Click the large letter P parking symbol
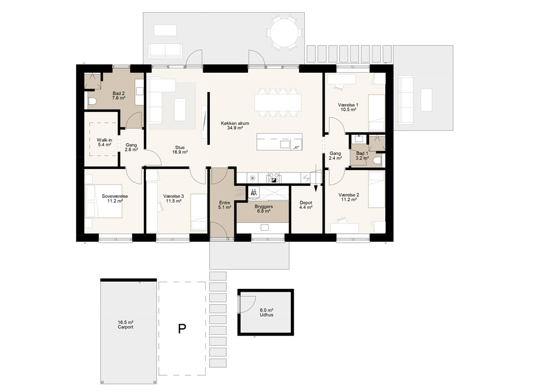182,329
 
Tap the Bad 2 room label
119,95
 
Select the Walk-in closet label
104,142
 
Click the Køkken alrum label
235,125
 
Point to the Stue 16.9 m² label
180,150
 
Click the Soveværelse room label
115,198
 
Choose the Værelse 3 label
173,198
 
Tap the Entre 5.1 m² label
225,205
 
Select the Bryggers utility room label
264,208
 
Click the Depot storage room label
306,205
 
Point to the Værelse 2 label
349,197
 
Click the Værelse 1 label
349,107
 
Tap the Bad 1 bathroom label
362,156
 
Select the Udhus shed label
266,312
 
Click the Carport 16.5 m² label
125,324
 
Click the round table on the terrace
284,32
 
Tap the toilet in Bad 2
92,101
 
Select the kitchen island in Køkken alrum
279,142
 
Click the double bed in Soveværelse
103,201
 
